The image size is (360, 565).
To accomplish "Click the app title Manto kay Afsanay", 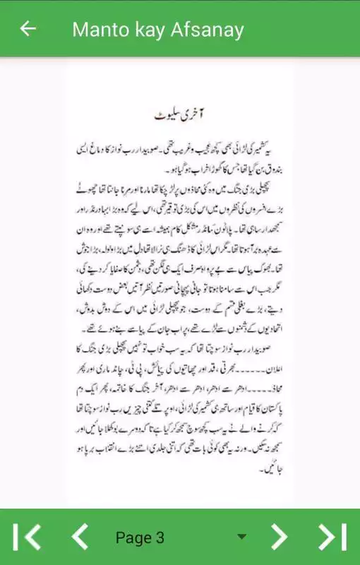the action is [158, 30].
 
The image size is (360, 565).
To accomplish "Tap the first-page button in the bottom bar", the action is [28, 537].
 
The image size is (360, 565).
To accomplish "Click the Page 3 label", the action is [140, 537].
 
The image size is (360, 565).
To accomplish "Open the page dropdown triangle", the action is [242, 537].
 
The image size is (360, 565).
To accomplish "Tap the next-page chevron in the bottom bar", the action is [280, 537].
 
